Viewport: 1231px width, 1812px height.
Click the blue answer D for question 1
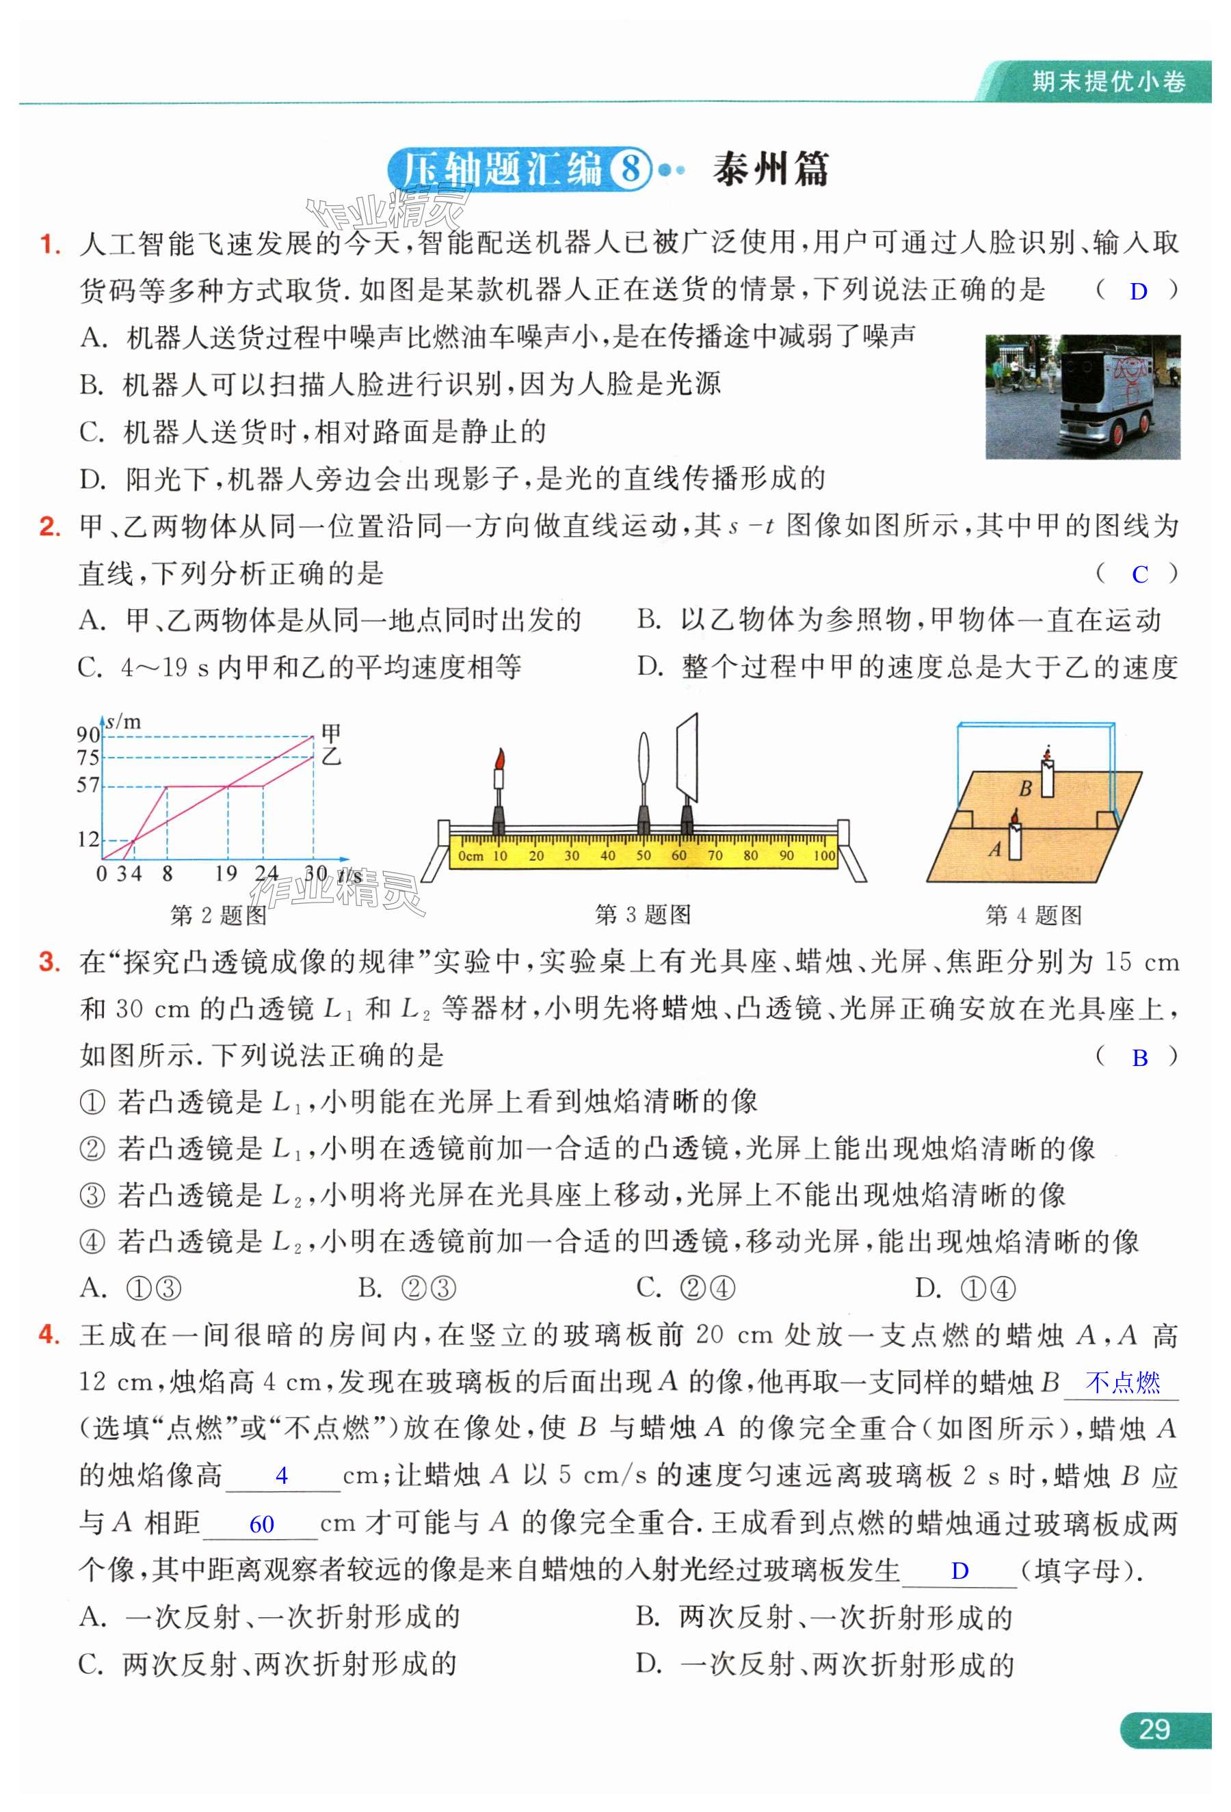point(1138,291)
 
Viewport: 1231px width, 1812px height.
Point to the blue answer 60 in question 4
point(261,1523)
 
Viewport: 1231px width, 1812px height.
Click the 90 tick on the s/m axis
point(88,734)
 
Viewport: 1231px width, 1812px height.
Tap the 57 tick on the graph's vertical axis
point(88,785)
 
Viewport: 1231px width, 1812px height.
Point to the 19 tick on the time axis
point(226,873)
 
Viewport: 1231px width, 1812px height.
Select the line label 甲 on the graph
point(331,733)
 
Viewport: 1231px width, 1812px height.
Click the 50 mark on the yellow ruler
point(643,855)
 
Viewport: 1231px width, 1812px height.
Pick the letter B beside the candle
point(1026,788)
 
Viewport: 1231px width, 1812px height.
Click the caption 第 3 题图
point(642,915)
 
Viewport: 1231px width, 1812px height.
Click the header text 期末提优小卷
point(1108,81)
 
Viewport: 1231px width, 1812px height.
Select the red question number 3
point(49,962)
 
